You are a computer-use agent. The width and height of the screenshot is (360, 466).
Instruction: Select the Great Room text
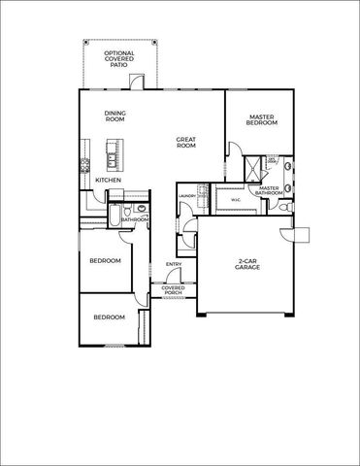pos(186,143)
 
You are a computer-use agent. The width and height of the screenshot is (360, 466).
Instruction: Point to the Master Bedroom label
pos(261,121)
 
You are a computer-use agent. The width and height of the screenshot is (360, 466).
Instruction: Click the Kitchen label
pos(109,180)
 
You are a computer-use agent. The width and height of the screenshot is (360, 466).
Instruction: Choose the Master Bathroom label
pos(269,190)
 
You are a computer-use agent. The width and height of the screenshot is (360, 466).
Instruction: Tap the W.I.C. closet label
pos(236,202)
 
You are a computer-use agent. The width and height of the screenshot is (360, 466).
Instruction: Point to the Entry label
pos(174,265)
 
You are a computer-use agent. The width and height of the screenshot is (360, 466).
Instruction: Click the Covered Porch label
pos(173,290)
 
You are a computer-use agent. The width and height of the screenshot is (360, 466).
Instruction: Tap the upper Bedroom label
pos(106,261)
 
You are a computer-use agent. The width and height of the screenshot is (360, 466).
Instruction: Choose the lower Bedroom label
pos(109,316)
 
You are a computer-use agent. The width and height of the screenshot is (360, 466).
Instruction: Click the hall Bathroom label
pos(136,219)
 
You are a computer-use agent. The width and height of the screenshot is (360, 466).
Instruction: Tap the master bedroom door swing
pos(233,148)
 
